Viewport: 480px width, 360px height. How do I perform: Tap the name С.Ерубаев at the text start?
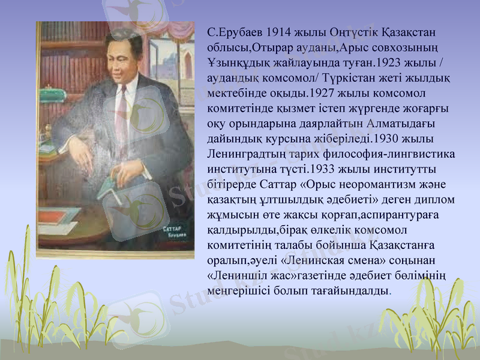click(x=233, y=31)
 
